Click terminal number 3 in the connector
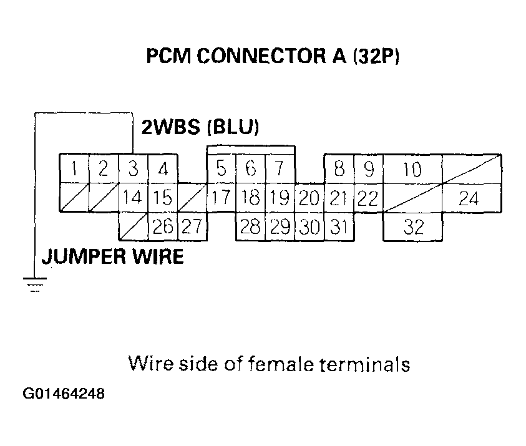coord(133,169)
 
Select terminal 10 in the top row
coord(412,169)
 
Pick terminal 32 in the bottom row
coord(412,227)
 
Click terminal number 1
coord(74,169)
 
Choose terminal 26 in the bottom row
coord(162,227)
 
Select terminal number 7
coord(280,169)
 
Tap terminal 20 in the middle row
coord(309,198)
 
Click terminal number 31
coord(338,227)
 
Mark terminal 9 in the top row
coord(368,169)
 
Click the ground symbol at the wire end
coord(35,284)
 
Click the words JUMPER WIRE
coord(112,256)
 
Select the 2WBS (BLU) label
coord(200,128)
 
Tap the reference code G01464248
coord(64,395)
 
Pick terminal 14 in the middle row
coord(133,198)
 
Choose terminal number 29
coord(280,227)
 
